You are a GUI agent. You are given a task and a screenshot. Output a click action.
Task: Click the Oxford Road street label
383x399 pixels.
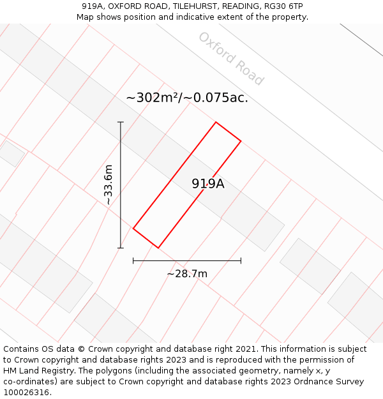tap(230, 59)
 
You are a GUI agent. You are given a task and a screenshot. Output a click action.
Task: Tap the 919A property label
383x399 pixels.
tap(208, 184)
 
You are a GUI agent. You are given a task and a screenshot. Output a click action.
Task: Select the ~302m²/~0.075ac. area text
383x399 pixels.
tap(187, 98)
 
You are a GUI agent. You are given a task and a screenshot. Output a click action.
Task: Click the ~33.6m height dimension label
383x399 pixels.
tap(109, 184)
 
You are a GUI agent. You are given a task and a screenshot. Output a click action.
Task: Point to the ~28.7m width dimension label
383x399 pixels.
tap(187, 274)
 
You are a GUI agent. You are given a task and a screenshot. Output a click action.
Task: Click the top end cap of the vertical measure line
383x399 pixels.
tap(121, 122)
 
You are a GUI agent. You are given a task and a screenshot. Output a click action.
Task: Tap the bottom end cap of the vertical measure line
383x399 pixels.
tap(121, 248)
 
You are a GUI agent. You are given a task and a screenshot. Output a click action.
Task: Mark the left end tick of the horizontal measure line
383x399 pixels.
tap(133, 260)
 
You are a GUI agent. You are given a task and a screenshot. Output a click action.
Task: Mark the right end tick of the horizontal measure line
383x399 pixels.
tap(241, 260)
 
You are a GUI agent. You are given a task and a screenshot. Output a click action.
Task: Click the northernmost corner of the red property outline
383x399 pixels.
tap(216, 122)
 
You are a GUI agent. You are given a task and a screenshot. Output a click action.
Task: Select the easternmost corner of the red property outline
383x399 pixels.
tap(241, 140)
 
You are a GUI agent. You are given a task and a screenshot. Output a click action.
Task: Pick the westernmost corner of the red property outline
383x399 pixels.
tap(133, 228)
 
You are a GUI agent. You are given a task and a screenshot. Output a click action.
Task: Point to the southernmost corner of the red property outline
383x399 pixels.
tap(158, 248)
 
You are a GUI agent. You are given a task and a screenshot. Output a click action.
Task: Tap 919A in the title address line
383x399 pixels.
tap(94, 6)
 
